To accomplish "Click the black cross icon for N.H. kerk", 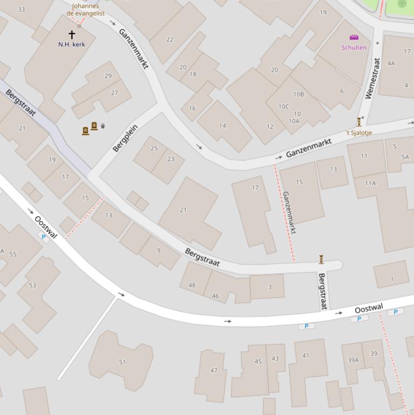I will [72, 35].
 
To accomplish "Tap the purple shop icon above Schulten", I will [354, 37].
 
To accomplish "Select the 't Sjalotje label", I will [359, 133].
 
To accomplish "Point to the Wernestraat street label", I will [373, 79].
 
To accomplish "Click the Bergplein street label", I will [125, 138].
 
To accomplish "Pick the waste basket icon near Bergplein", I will [103, 126].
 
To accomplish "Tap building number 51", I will [122, 362].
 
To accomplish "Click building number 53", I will [32, 285].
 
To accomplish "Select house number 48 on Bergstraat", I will [192, 285].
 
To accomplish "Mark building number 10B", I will [298, 94].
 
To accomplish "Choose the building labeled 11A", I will [370, 183].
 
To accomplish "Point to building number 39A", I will [353, 360].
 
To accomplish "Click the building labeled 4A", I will [391, 63].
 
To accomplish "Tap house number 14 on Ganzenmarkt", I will [222, 126].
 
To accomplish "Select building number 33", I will [21, 9].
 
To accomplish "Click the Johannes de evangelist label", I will [85, 10].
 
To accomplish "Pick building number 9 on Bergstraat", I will [158, 250].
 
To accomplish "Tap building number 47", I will [214, 370].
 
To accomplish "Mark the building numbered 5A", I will [405, 157].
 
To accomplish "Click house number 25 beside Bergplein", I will [154, 148].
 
